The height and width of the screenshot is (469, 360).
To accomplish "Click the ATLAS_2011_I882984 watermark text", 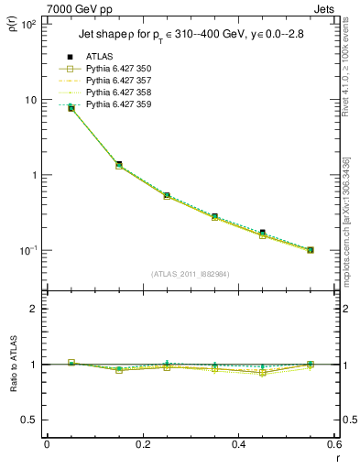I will point(191,274).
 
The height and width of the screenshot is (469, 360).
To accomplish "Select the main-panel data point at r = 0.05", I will point(71,108).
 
